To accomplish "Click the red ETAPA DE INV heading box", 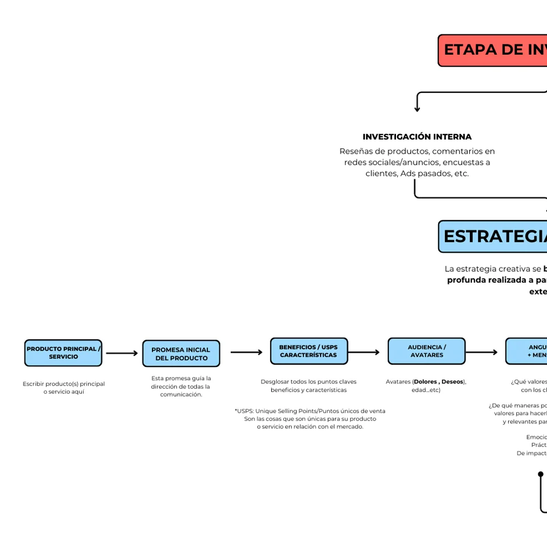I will [x=492, y=50].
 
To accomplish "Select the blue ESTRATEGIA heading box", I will [x=492, y=236].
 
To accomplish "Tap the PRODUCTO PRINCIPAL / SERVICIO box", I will [x=63, y=353].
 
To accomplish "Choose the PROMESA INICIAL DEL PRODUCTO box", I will [x=181, y=354].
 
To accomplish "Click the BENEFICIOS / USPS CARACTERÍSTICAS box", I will [x=309, y=351].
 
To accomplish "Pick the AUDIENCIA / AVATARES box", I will [x=427, y=351].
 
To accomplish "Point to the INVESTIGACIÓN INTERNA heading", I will [x=417, y=137].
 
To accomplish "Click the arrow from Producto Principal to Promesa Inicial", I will [x=122, y=353].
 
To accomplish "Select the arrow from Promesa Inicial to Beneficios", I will [x=247, y=352].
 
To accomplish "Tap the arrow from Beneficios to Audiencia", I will [x=364, y=352].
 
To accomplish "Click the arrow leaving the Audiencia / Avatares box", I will [x=481, y=352].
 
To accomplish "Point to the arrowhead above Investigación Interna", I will [x=417, y=109].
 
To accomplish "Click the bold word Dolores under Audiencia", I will [x=426, y=382].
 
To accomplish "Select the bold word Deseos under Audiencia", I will [x=452, y=382].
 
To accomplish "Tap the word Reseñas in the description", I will [x=355, y=151].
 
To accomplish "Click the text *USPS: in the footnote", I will [x=244, y=411].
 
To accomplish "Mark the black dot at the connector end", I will [x=540, y=474].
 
